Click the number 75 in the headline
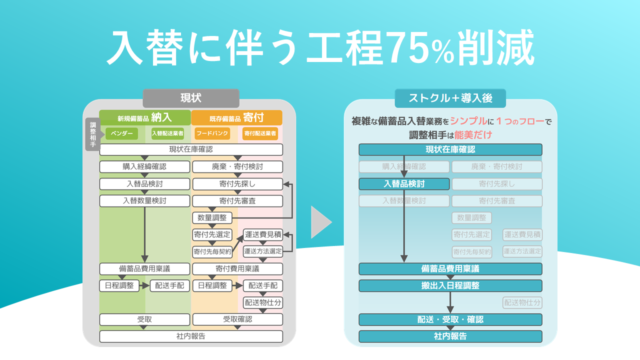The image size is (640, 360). click(406, 48)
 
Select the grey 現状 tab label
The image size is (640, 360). click(191, 98)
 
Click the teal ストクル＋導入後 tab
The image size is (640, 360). click(450, 98)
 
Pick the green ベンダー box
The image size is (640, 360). click(121, 133)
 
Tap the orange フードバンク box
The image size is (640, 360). click(212, 133)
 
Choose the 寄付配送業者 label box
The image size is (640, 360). click(260, 133)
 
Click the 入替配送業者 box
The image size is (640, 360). click(167, 133)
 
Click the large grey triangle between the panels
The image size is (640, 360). click(320, 221)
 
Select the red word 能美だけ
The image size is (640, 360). click(474, 134)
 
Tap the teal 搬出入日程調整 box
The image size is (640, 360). click(450, 285)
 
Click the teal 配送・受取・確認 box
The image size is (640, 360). click(450, 319)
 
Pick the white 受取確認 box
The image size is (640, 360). click(237, 319)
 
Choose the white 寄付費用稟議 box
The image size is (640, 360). click(237, 269)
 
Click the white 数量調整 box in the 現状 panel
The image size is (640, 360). click(212, 218)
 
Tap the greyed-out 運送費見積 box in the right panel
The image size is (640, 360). click(522, 234)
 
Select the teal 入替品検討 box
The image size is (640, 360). click(404, 183)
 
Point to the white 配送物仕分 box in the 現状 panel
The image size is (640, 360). click(263, 302)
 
